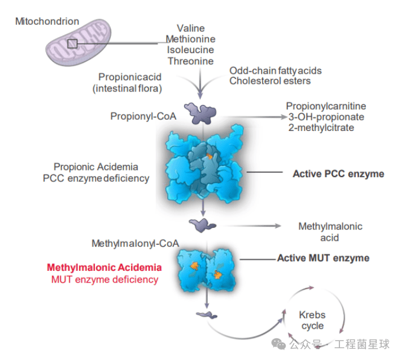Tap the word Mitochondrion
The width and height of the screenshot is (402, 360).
coord(47,21)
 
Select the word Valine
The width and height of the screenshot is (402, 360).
coord(190,28)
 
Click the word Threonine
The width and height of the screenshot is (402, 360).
coord(190,61)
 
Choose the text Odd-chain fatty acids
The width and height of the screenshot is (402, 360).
coord(276,71)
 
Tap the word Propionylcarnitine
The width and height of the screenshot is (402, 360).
coord(326,106)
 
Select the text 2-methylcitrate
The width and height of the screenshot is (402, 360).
coord(321,127)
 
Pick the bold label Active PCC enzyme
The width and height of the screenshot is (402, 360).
coord(338,174)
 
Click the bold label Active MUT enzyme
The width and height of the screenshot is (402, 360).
coord(323,258)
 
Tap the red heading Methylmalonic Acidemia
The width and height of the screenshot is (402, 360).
coord(104,267)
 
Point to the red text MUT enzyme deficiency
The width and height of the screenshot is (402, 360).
coord(104,279)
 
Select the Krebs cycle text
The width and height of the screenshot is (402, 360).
coord(312,320)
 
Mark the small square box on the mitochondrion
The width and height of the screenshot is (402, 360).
coord(72,43)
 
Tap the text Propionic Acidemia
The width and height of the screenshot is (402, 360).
coord(96,167)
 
